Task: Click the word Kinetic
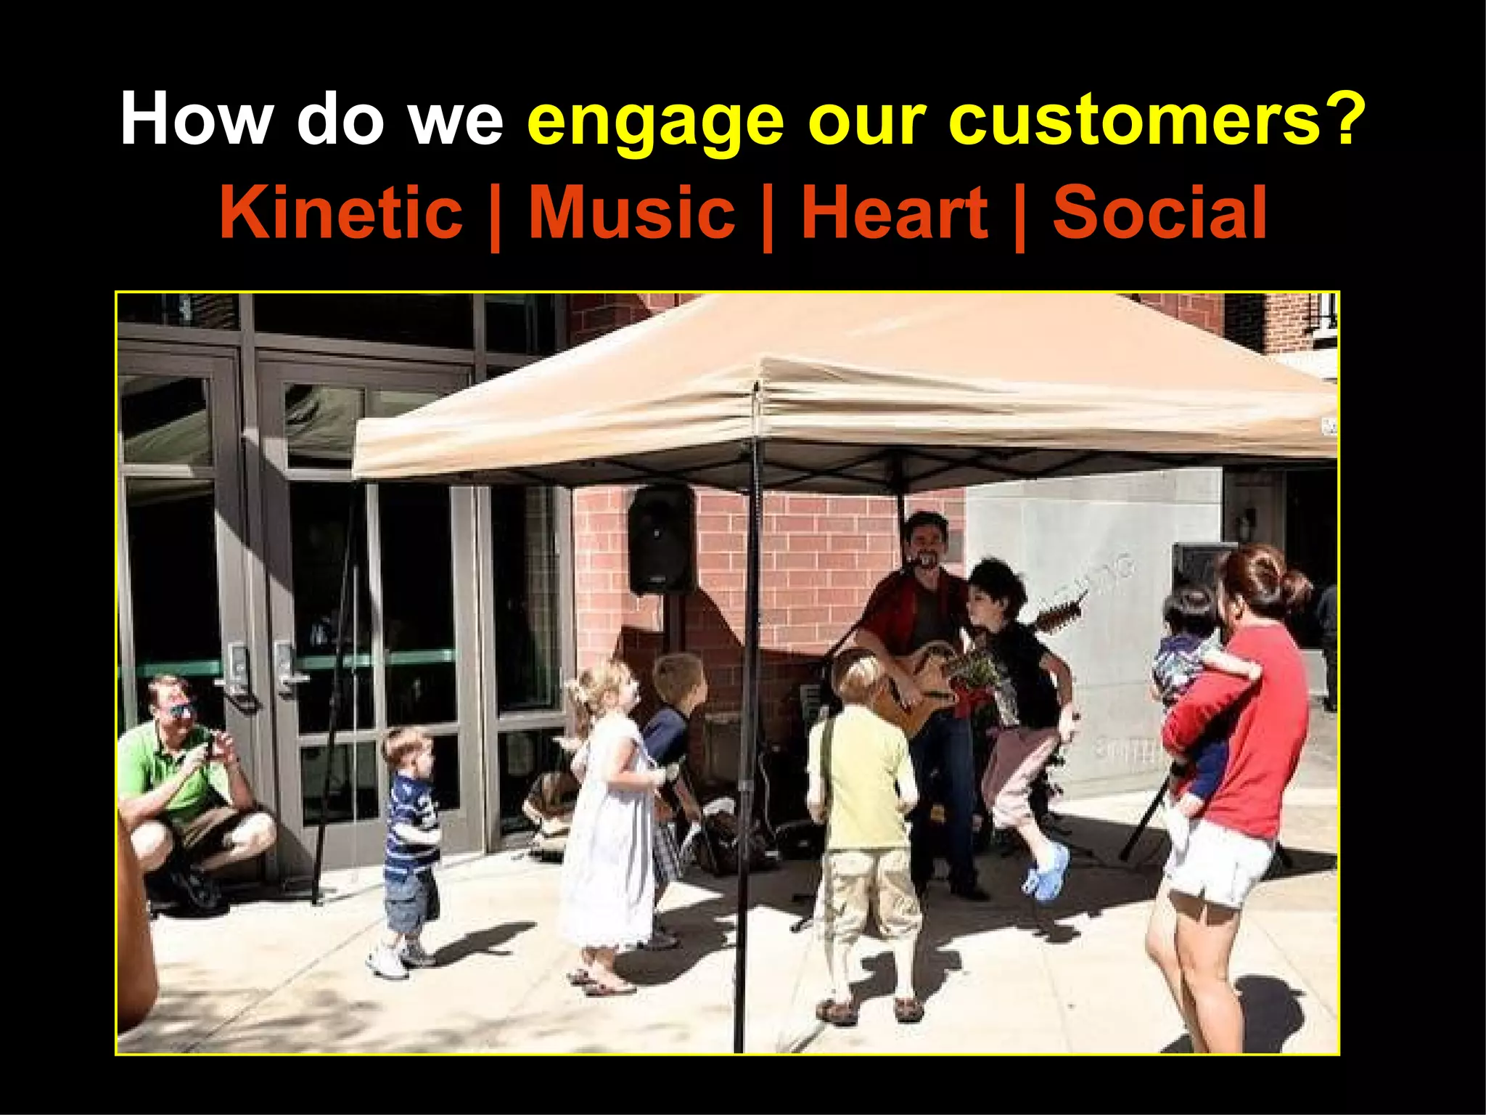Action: [x=341, y=212]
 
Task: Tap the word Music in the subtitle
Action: [x=631, y=212]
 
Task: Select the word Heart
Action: [x=894, y=212]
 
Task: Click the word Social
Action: [x=1159, y=212]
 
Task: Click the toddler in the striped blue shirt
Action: [x=411, y=835]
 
